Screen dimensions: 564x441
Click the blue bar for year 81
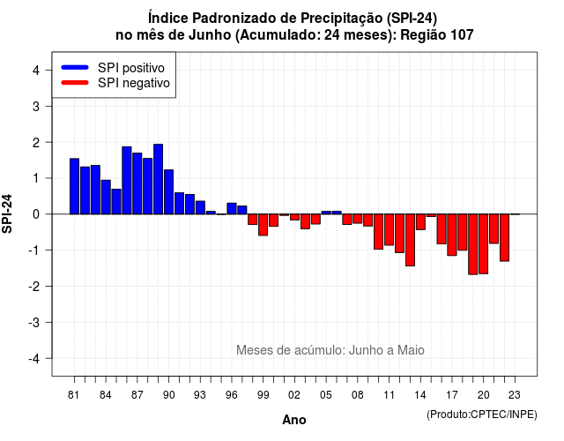coord(74,186)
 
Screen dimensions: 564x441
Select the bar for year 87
coord(137,183)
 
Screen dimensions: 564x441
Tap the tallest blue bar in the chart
coord(159,179)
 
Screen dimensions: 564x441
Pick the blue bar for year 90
coord(168,192)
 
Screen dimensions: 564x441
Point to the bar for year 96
coord(232,208)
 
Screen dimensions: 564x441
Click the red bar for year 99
coord(263,225)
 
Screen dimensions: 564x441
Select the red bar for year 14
coord(420,221)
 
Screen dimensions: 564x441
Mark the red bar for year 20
coord(484,244)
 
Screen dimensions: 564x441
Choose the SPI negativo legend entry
coord(115,83)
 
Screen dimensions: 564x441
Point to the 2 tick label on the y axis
coord(36,143)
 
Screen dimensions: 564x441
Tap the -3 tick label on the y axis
coord(34,323)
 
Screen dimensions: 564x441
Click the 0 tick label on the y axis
coord(36,214)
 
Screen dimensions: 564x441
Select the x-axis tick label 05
coord(326,395)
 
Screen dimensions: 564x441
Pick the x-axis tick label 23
coord(515,395)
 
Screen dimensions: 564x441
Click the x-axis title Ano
coord(294,420)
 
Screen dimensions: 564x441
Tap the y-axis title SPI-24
coord(7,214)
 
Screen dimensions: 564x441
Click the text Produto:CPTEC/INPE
coord(482,415)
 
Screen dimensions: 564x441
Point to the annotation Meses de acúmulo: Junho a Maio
coord(330,350)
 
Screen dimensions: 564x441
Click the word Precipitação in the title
coord(342,18)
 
